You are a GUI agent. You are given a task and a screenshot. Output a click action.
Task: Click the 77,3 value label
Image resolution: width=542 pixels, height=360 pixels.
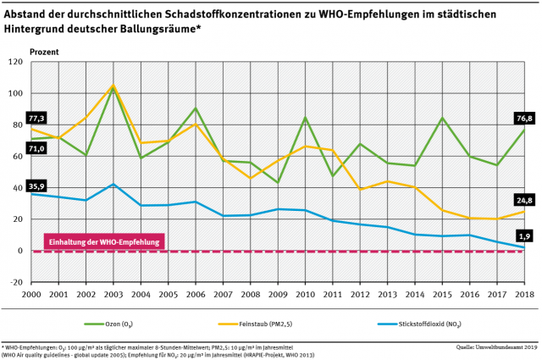[x=36, y=118]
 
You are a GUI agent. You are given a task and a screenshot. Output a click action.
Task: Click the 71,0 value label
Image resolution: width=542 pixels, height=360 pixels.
[x=36, y=148]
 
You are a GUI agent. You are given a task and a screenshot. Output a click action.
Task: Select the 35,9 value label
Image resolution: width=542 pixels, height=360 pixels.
[x=36, y=186]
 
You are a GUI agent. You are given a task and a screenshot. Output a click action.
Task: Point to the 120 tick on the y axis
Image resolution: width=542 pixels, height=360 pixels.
[x=15, y=62]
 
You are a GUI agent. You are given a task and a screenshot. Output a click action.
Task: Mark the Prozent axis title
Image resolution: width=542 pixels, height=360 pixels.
[x=44, y=51]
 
